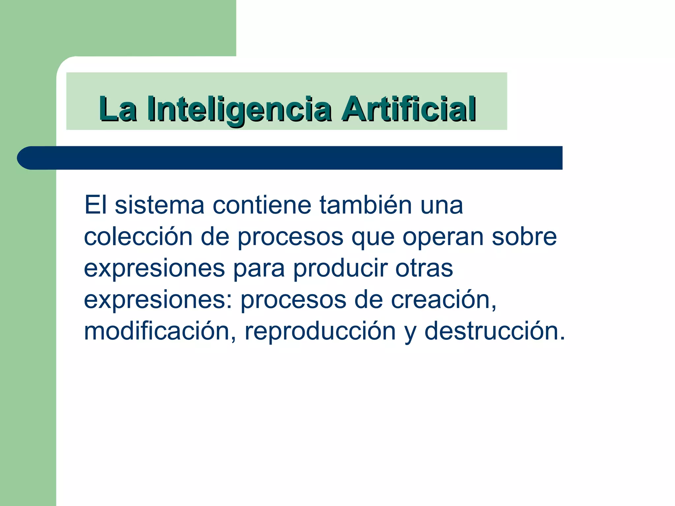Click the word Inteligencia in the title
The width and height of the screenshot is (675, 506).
tap(239, 109)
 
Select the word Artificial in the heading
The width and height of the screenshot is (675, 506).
tap(409, 109)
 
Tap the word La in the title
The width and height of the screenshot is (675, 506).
tap(118, 109)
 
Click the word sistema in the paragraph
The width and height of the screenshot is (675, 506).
tap(160, 205)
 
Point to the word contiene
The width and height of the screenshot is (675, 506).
tap(262, 205)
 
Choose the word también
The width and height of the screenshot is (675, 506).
tap(366, 205)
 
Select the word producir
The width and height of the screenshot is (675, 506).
tap(340, 268)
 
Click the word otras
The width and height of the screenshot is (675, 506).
tap(424, 268)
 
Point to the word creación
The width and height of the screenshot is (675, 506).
tap(444, 299)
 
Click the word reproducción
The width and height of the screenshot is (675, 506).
tap(320, 331)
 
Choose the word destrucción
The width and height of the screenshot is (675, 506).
tap(494, 331)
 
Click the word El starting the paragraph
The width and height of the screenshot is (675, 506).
tap(96, 205)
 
